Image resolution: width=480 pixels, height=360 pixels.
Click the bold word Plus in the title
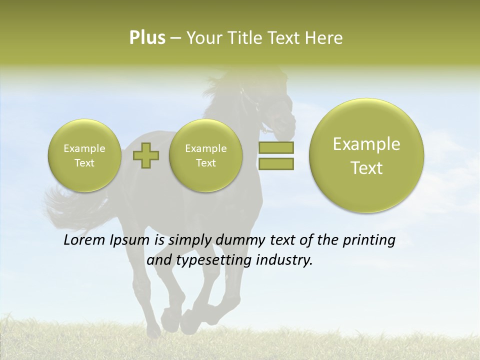[147, 38]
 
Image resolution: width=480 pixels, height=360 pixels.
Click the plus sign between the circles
[146, 155]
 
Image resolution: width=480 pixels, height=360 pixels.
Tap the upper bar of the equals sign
[275, 148]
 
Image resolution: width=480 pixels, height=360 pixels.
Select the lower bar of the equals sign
[275, 164]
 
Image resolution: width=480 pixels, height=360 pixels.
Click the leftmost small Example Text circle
[84, 155]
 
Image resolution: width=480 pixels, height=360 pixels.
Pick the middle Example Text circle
[205, 155]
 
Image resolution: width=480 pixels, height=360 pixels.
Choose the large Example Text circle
[366, 155]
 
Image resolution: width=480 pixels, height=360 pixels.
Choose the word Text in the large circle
[366, 168]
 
